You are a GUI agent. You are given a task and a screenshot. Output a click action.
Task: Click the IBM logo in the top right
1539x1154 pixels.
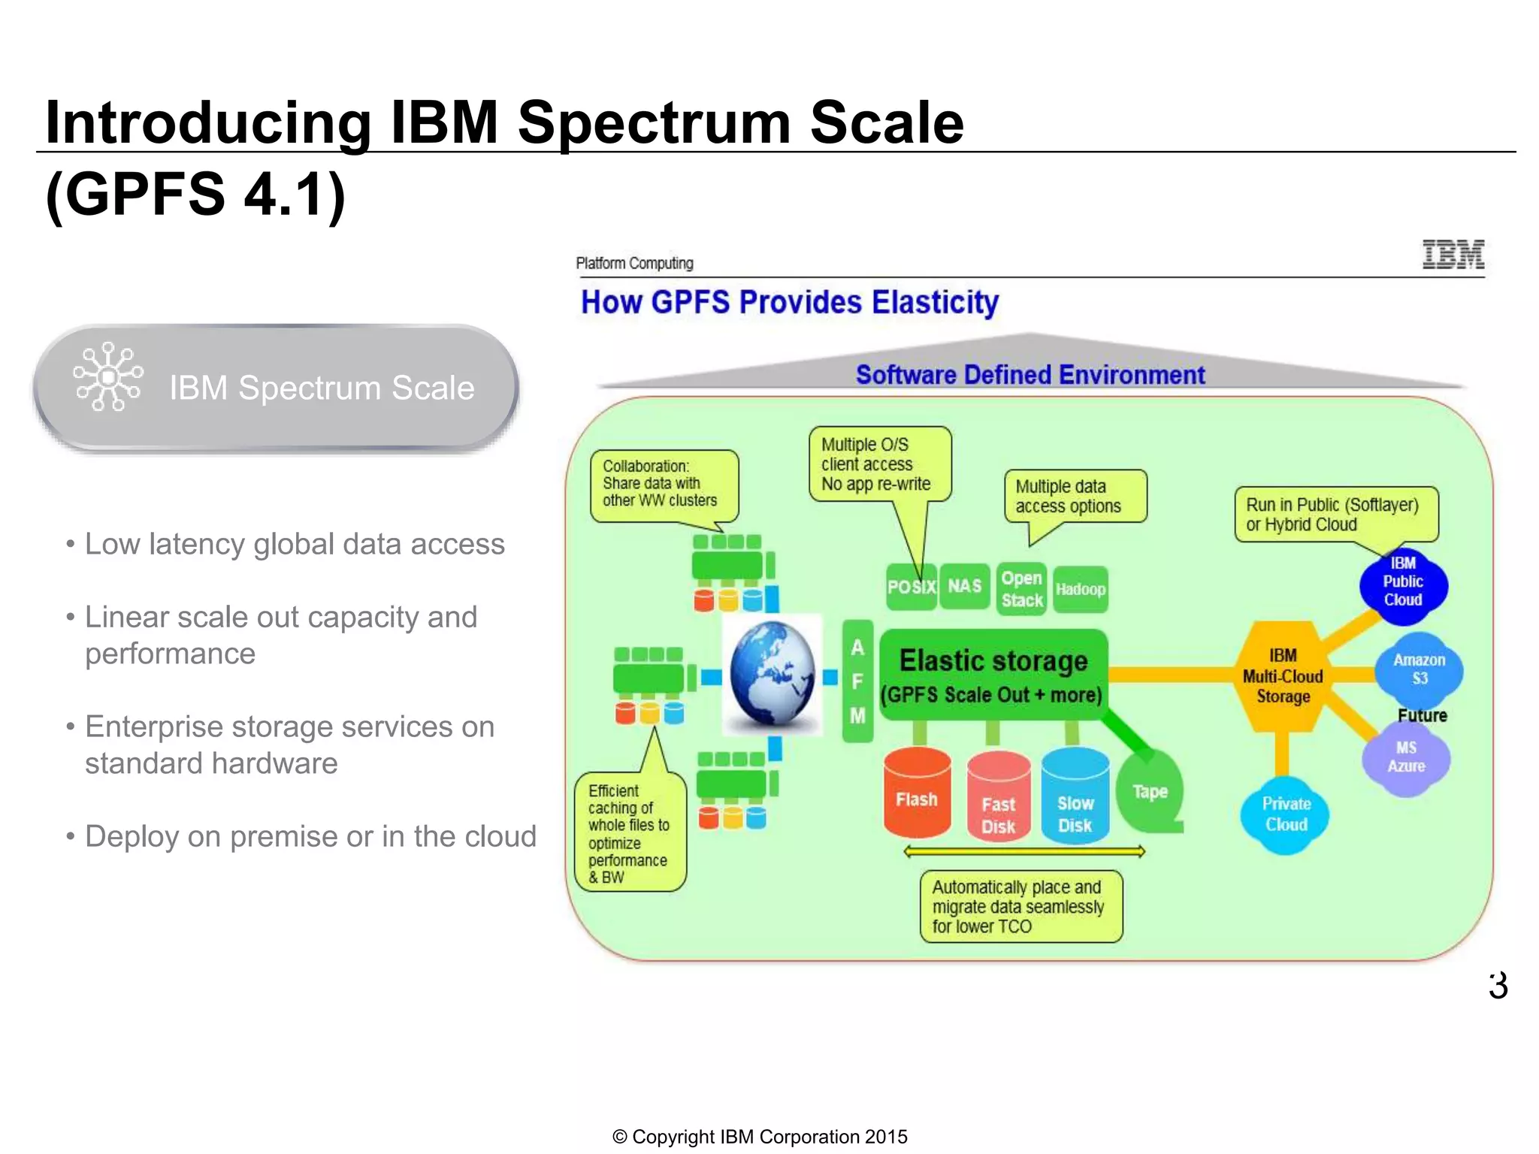pyautogui.click(x=1453, y=255)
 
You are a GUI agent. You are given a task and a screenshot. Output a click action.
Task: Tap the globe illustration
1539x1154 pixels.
pyautogui.click(x=772, y=674)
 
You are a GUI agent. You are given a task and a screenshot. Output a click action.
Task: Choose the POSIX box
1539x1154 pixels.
pyautogui.click(x=911, y=587)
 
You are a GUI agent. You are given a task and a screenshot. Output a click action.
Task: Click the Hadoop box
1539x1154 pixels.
pyautogui.click(x=1080, y=589)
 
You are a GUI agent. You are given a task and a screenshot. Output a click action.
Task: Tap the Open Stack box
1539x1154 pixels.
pyautogui.click(x=1021, y=589)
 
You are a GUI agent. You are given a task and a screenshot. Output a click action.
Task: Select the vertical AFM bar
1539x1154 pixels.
pyautogui.click(x=857, y=681)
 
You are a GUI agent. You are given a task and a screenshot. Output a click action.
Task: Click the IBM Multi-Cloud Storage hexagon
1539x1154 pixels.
pyautogui.click(x=1283, y=676)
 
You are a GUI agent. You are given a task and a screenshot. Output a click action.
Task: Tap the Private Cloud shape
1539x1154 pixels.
pyautogui.click(x=1286, y=814)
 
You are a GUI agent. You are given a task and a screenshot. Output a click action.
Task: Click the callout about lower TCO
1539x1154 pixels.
pyautogui.click(x=1020, y=906)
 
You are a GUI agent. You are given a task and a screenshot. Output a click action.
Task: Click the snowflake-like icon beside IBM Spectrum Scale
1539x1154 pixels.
pyautogui.click(x=108, y=376)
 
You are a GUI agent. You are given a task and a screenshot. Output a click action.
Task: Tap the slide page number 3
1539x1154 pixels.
pyautogui.click(x=1497, y=985)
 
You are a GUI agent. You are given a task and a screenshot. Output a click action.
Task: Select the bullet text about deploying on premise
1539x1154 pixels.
pyautogui.click(x=310, y=836)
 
